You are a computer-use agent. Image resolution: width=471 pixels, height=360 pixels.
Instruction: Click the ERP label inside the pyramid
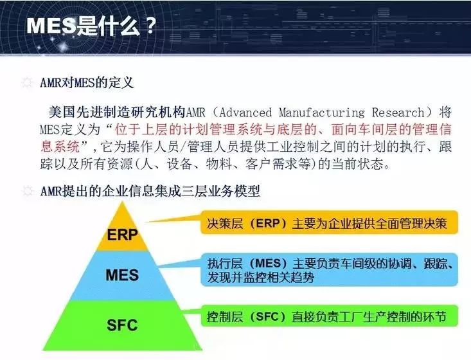[x=122, y=235]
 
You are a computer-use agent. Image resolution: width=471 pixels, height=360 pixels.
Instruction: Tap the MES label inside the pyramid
[x=122, y=275]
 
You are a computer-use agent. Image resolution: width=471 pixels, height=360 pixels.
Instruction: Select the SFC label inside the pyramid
[x=122, y=325]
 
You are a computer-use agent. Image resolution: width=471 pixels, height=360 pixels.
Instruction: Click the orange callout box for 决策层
[x=329, y=222]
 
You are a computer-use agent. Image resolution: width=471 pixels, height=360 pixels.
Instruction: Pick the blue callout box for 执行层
[x=329, y=269]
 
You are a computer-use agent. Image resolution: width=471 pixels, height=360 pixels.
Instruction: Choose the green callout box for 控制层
[x=329, y=316]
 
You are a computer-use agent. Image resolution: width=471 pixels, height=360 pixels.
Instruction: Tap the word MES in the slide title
[x=51, y=26]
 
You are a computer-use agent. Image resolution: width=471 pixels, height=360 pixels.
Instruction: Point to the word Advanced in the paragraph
[x=245, y=113]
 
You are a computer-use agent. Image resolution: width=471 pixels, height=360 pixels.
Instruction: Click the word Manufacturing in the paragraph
[x=322, y=113]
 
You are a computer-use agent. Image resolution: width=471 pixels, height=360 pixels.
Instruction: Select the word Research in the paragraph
[x=398, y=113]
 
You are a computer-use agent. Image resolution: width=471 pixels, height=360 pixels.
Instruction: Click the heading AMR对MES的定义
[x=87, y=82]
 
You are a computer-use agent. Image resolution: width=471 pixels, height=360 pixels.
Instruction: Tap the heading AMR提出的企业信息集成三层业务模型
[x=150, y=191]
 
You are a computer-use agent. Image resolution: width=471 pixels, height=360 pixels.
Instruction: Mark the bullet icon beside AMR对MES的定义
[x=28, y=83]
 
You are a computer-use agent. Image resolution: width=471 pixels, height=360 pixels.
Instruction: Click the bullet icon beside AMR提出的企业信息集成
[x=28, y=191]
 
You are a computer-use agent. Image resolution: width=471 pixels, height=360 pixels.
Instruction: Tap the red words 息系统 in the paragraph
[x=60, y=147]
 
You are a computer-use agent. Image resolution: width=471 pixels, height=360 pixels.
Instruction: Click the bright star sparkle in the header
[x=64, y=46]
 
